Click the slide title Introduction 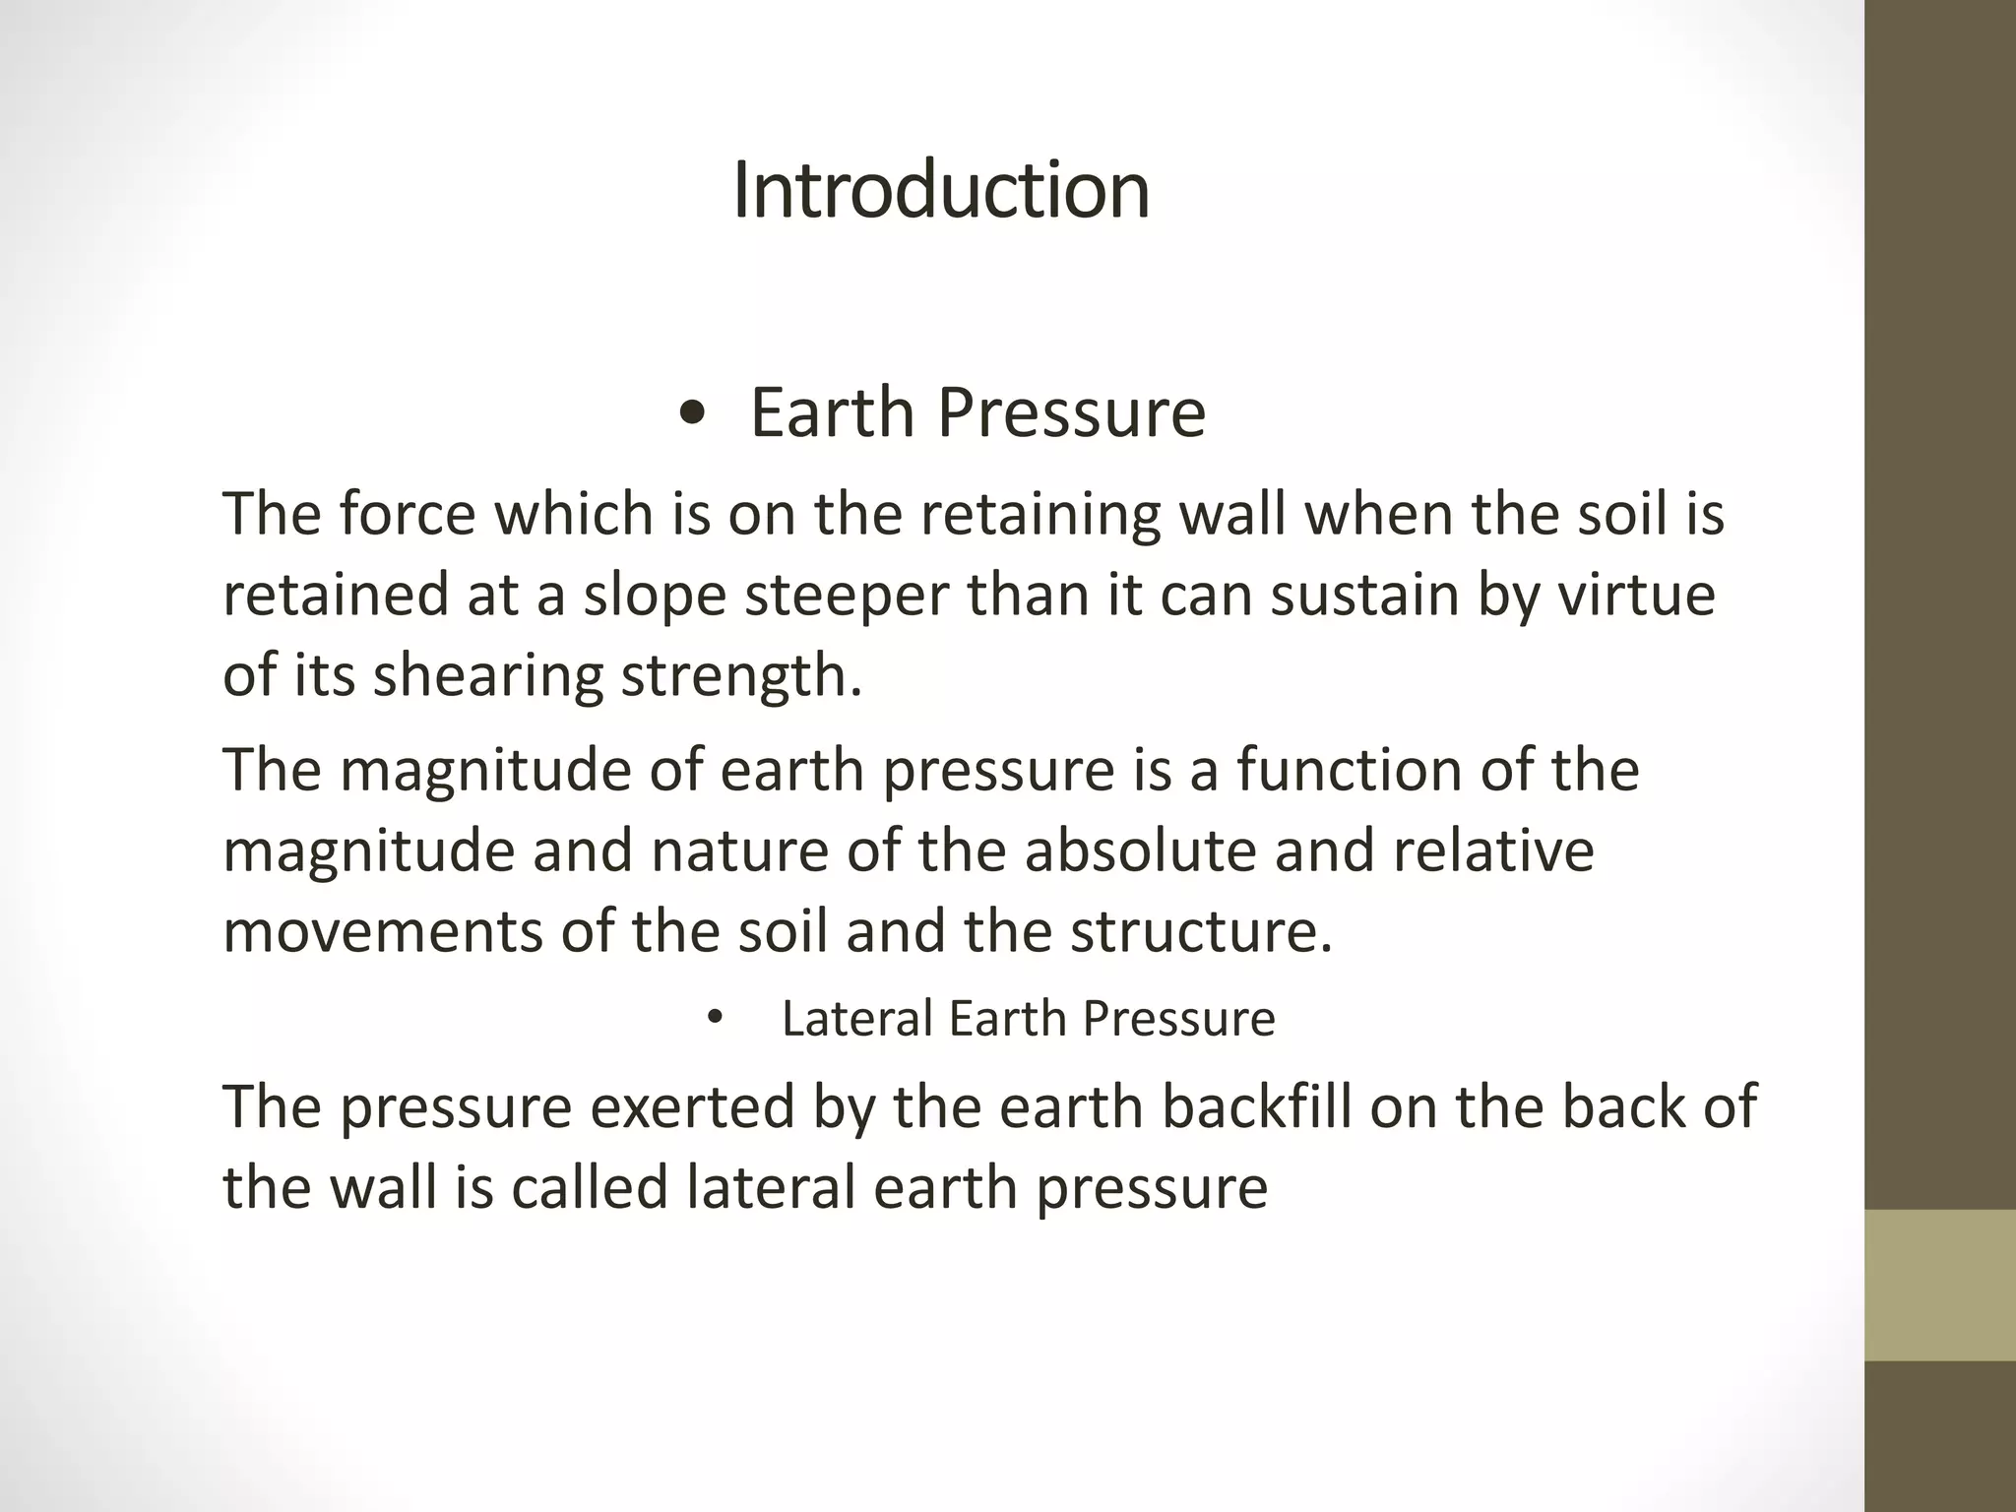pos(941,190)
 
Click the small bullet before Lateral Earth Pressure pos(715,1018)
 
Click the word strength pos(740,677)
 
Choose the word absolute pos(1140,850)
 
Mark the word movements pos(382,930)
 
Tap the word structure pos(1200,930)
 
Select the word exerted pos(692,1106)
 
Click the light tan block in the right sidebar pos(1940,1285)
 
